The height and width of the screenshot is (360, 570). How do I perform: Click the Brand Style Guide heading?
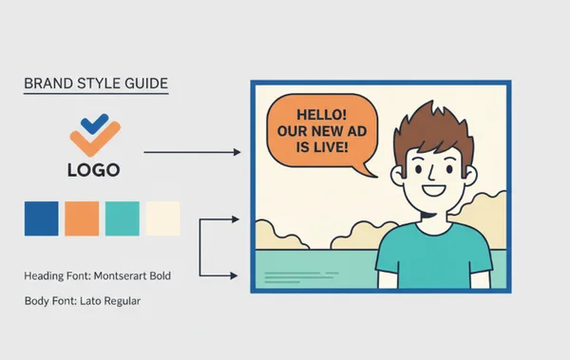click(x=95, y=84)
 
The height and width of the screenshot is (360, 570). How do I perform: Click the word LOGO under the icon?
click(x=93, y=171)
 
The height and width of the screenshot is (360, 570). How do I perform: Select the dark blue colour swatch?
click(x=41, y=218)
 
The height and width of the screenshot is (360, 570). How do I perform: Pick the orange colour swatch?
click(x=81, y=218)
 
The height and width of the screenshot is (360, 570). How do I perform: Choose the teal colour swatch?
click(x=122, y=218)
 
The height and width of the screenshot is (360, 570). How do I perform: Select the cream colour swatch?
click(x=161, y=218)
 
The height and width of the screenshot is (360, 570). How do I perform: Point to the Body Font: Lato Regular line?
click(x=83, y=301)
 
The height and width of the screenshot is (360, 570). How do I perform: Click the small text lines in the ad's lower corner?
click(x=290, y=277)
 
